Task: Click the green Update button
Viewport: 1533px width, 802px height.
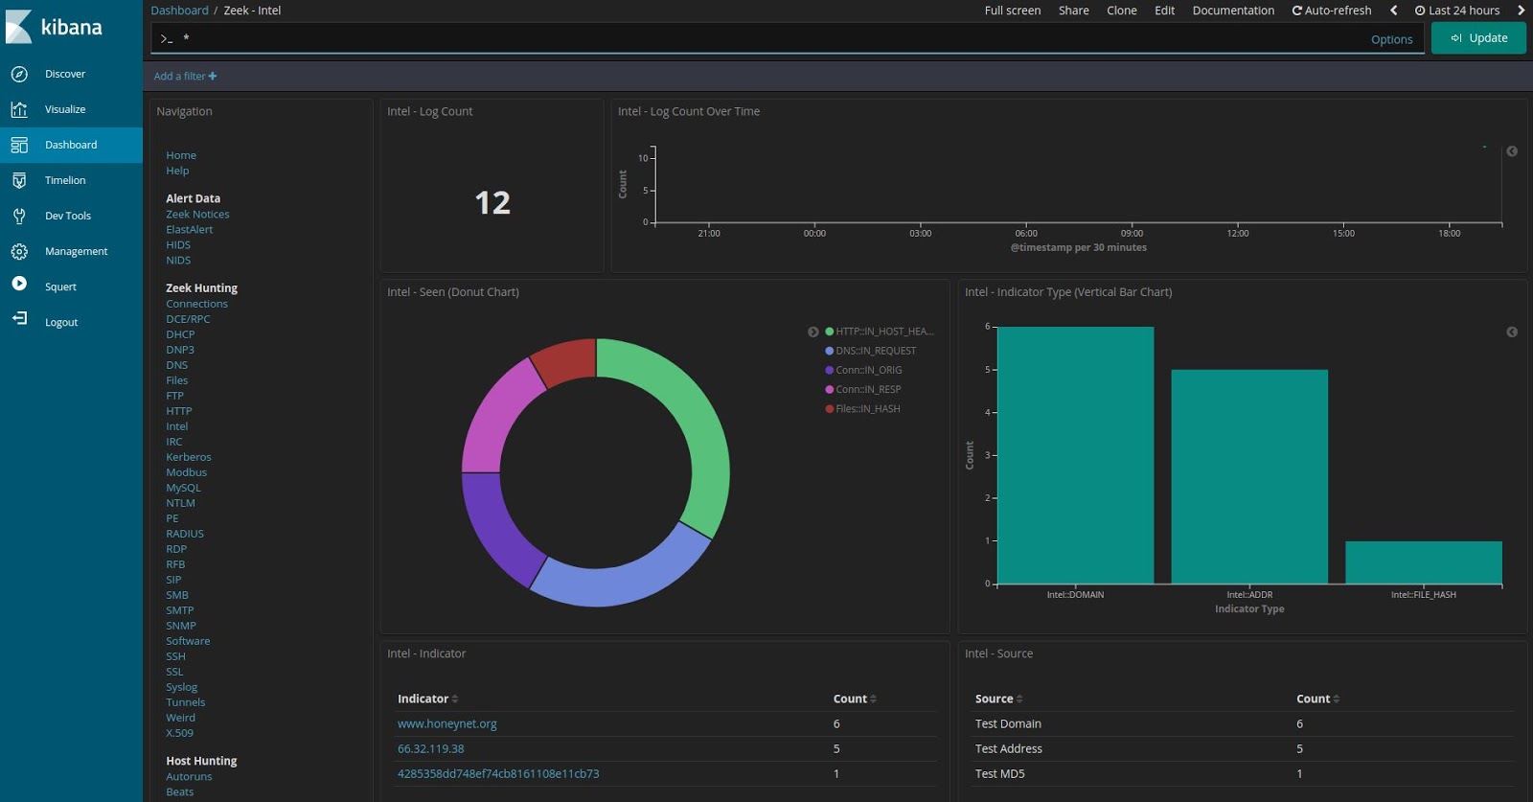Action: tap(1478, 38)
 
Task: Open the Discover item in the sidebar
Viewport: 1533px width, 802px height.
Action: tap(64, 74)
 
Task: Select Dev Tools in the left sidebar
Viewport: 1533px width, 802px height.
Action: tap(67, 216)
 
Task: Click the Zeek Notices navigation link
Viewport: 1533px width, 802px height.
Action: tap(197, 215)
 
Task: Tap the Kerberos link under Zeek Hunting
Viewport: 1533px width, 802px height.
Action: tap(188, 457)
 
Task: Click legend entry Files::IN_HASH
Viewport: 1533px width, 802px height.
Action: tap(867, 409)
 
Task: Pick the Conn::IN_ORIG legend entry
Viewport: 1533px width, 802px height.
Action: tap(868, 370)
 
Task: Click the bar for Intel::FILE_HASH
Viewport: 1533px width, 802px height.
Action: tap(1423, 562)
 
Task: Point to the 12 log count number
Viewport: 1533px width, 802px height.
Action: tap(492, 202)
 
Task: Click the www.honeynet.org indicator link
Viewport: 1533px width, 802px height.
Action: tap(446, 724)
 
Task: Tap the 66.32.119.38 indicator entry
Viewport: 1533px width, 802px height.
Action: tap(430, 749)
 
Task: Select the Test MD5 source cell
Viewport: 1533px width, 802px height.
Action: tap(999, 774)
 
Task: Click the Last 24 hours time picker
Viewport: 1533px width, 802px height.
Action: tap(1457, 11)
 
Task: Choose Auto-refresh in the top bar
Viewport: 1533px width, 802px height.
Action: tap(1332, 11)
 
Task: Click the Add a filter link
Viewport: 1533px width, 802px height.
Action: tap(185, 77)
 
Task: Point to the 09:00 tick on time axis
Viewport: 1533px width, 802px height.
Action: tap(1132, 233)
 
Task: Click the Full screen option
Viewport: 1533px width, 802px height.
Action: tap(1012, 11)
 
